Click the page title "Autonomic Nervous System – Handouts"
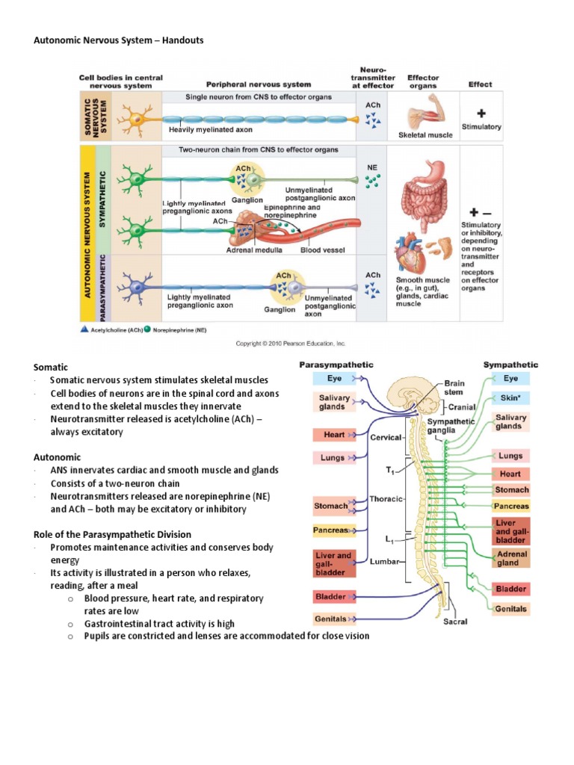click(x=119, y=40)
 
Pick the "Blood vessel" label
click(x=321, y=250)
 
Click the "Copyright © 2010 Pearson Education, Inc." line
click(x=291, y=343)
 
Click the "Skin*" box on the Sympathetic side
click(x=510, y=398)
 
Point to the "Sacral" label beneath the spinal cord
click(x=456, y=621)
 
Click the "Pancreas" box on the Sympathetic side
click(x=511, y=506)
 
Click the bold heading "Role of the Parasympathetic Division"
click(x=112, y=534)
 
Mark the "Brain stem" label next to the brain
click(x=454, y=388)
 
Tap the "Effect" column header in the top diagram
click(x=480, y=84)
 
